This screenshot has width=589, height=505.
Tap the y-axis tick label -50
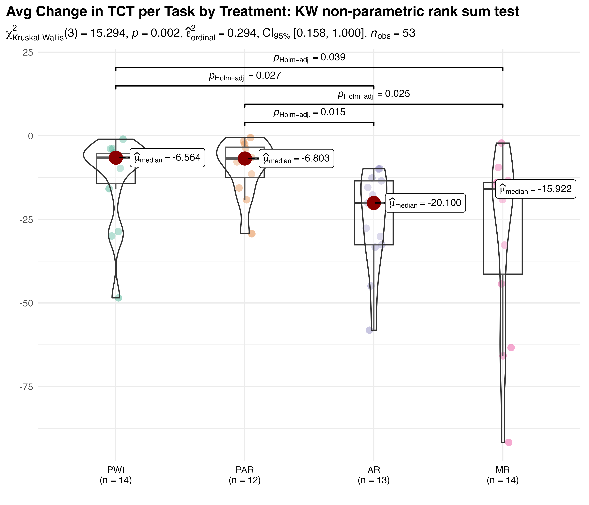26,303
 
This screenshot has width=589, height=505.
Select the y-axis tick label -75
26,387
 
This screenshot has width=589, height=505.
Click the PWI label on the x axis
116,470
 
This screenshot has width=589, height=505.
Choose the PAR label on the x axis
245,470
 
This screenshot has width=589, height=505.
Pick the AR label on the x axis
374,470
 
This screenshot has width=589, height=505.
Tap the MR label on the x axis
503,470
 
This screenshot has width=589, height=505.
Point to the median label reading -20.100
425,203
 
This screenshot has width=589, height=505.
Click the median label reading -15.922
536,189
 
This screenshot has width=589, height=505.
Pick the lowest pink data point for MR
509,442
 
